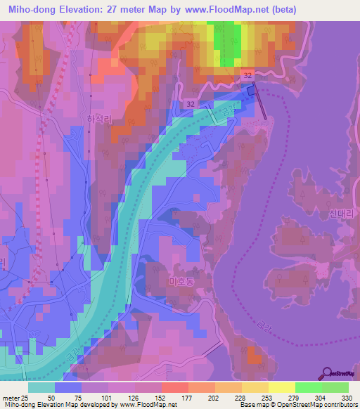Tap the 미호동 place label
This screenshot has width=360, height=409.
point(181,281)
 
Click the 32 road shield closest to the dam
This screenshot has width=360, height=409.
point(246,74)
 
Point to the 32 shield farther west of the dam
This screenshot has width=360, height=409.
point(191,104)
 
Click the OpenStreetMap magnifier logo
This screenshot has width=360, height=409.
point(326,373)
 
